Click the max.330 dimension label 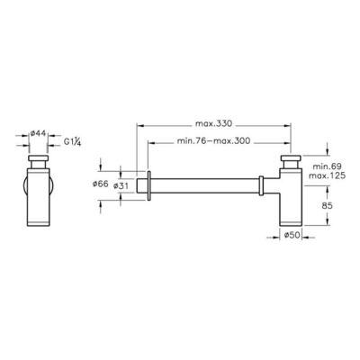213,123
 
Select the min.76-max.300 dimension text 213,141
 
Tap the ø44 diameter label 39,133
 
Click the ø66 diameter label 100,184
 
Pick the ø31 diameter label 121,186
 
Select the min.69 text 327,166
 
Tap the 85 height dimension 327,206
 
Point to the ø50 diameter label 292,235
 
